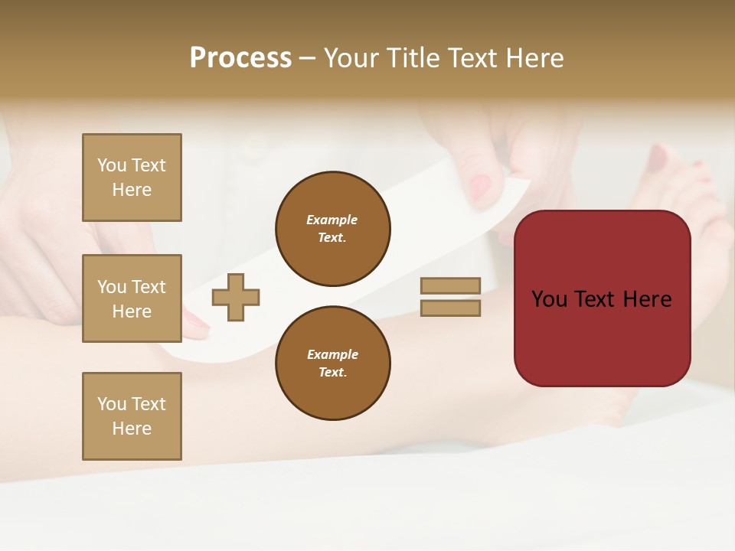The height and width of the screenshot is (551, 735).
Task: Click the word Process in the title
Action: point(240,58)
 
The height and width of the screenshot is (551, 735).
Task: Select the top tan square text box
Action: point(132,178)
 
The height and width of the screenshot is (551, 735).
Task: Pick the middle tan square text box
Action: point(132,298)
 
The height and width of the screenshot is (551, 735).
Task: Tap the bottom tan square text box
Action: point(132,416)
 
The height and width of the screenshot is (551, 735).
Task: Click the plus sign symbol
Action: point(236,297)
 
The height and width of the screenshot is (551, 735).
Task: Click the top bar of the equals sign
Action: point(450,285)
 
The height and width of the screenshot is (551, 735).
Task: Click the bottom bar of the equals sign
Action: point(450,308)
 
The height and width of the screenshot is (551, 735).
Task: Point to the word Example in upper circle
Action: point(332,220)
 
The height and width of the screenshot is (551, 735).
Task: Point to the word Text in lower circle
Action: point(332,373)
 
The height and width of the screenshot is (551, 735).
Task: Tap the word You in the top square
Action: point(112,165)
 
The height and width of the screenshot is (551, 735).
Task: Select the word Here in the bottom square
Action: point(132,429)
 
